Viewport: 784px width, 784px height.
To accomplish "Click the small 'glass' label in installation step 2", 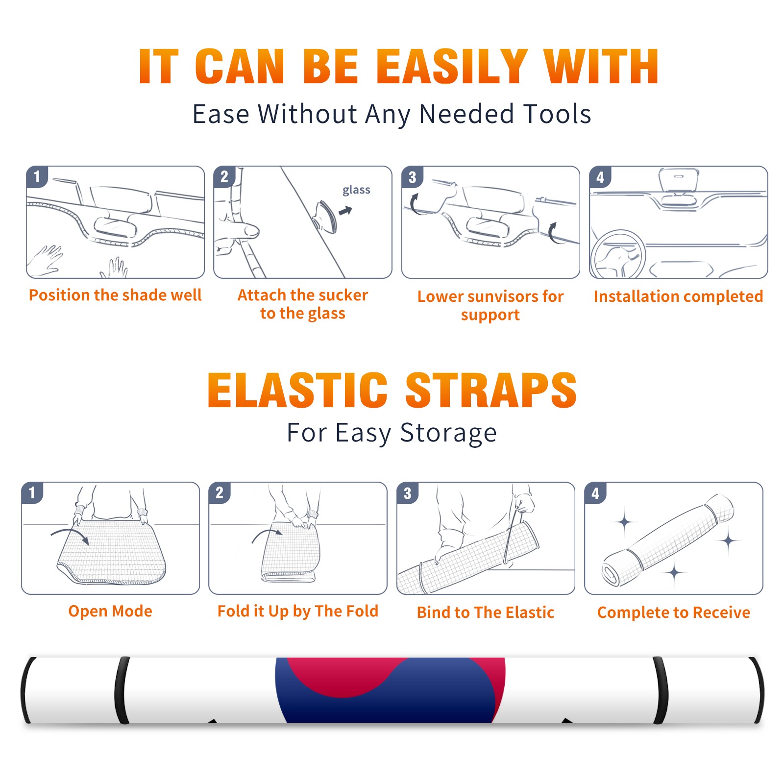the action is (x=356, y=190).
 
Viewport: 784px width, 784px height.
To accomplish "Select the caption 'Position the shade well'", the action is (x=115, y=295).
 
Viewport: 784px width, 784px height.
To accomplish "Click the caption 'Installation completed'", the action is (x=678, y=296).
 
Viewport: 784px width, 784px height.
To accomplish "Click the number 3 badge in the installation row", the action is (x=412, y=177).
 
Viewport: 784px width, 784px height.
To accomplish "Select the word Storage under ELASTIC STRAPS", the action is (x=448, y=433).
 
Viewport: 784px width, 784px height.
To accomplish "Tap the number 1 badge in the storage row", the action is (x=32, y=492).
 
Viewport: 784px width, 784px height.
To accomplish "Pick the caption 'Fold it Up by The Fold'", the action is (x=298, y=611).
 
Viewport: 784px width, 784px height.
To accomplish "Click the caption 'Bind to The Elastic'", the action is (x=486, y=612).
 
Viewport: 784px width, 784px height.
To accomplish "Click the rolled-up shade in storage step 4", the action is (x=667, y=540).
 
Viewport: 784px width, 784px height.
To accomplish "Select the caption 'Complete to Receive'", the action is (x=674, y=612).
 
